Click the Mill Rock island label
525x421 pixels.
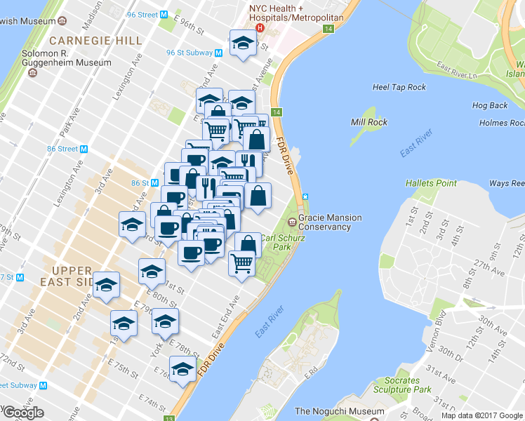coord(368,122)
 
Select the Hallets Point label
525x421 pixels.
coord(430,183)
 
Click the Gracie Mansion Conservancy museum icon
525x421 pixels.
coord(292,222)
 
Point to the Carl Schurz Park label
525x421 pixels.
coord(282,242)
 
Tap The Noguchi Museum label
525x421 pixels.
coord(340,411)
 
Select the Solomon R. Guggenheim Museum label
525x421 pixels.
coord(56,58)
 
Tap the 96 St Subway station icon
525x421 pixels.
coord(218,53)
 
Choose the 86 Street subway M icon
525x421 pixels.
coord(84,149)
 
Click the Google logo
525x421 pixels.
coord(23,413)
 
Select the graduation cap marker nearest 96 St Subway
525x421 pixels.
coord(242,44)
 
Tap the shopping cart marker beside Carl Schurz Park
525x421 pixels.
coord(241,263)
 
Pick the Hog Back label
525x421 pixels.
coord(489,106)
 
